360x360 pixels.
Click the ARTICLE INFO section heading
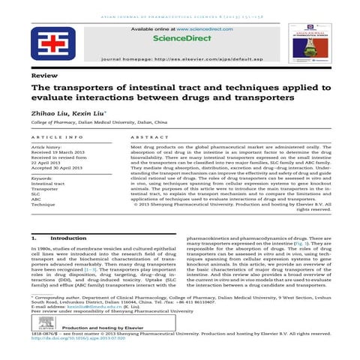pyautogui.click(x=58, y=137)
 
